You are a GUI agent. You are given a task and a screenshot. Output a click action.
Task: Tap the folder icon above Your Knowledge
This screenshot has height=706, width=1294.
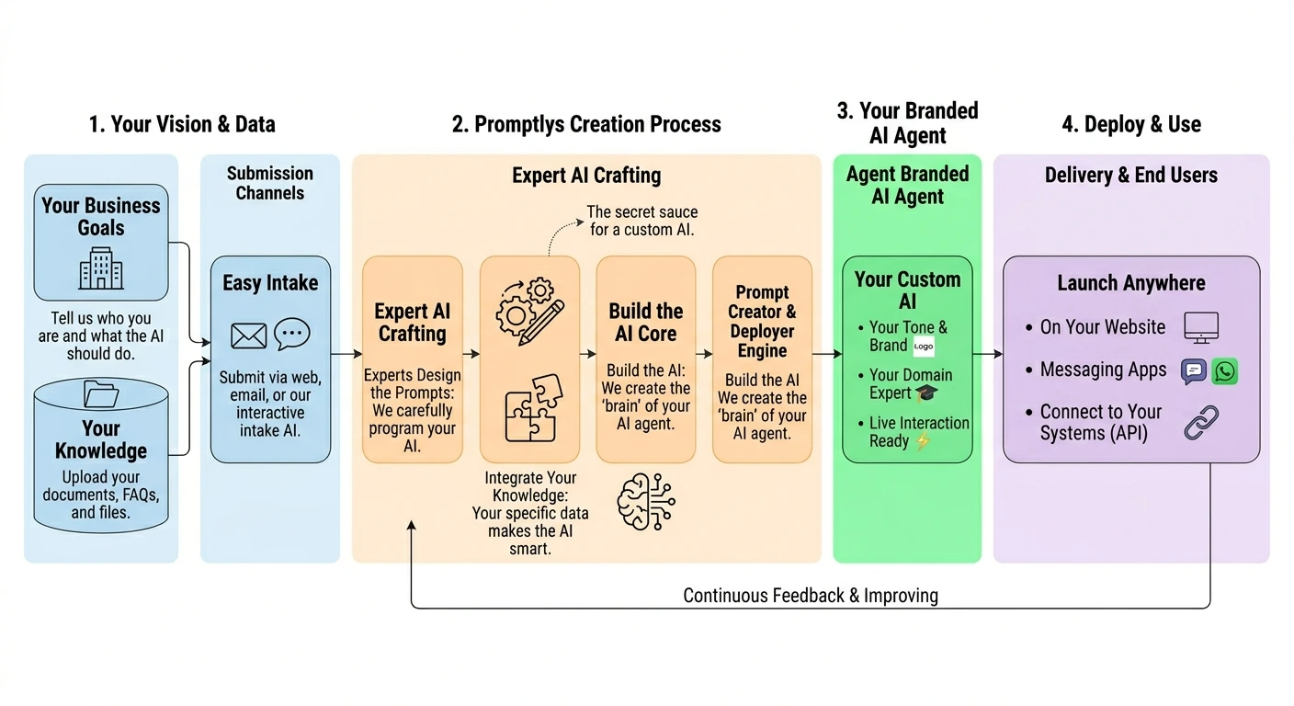pyautogui.click(x=101, y=394)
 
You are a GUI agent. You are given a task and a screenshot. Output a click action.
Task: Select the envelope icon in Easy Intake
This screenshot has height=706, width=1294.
pyautogui.click(x=248, y=336)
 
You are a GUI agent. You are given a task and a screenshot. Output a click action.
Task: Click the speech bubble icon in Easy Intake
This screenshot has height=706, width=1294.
pyautogui.click(x=292, y=334)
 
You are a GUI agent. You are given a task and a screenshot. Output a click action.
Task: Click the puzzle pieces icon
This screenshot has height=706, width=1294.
pyautogui.click(x=530, y=406)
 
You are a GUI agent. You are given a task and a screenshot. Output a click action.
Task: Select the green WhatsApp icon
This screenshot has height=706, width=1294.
pyautogui.click(x=1224, y=370)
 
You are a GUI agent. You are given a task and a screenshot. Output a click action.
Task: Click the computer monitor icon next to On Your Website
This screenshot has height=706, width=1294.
pyautogui.click(x=1200, y=327)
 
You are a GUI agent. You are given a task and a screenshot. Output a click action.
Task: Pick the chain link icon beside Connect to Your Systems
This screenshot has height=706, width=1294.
pyautogui.click(x=1201, y=422)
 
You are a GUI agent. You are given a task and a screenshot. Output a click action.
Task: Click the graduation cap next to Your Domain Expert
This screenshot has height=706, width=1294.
pyautogui.click(x=926, y=393)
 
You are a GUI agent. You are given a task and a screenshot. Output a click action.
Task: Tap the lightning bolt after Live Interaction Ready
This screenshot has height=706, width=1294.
pyautogui.click(x=923, y=441)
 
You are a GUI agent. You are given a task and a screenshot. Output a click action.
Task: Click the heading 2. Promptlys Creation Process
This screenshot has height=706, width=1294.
pyautogui.click(x=586, y=124)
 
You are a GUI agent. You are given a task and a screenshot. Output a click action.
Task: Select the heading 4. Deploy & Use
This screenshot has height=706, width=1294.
pyautogui.click(x=1131, y=124)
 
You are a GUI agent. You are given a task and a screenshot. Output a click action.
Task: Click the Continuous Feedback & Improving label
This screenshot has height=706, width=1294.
pyautogui.click(x=810, y=596)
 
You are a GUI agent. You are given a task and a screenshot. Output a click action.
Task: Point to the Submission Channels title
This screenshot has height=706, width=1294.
pyautogui.click(x=270, y=183)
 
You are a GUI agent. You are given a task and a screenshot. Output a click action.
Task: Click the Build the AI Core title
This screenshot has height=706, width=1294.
pyautogui.click(x=645, y=322)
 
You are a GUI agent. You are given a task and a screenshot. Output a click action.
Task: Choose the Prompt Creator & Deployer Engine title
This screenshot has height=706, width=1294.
pyautogui.click(x=762, y=322)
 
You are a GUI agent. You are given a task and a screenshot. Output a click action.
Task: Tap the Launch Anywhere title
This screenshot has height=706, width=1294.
pyautogui.click(x=1130, y=283)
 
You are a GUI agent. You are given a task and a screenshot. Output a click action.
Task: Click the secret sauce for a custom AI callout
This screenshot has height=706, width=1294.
pyautogui.click(x=641, y=221)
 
